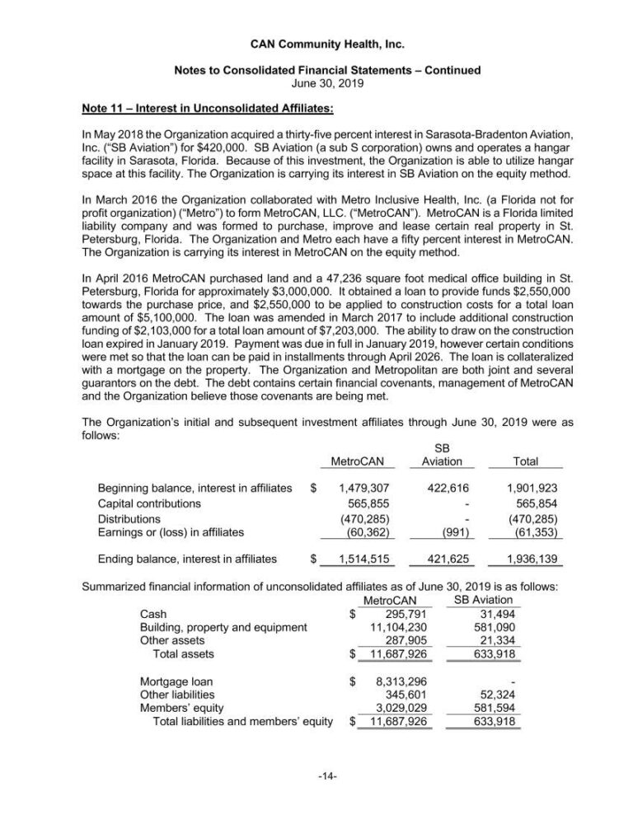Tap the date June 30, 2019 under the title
[x=316, y=83]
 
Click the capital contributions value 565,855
[x=366, y=503]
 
